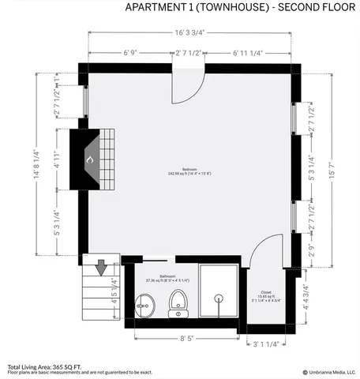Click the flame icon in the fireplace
click(x=89, y=160)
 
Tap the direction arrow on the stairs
click(x=100, y=268)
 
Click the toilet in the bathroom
click(x=178, y=302)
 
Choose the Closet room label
click(x=265, y=294)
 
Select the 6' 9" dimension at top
click(x=132, y=52)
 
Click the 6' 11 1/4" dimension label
click(x=247, y=52)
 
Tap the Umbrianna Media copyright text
click(x=328, y=371)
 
